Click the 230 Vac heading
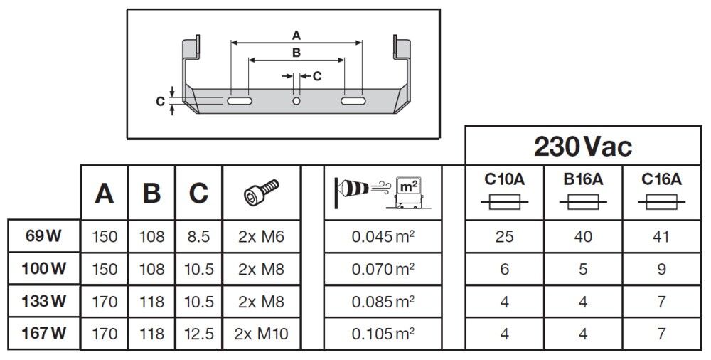point(583,147)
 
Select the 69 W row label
point(44,236)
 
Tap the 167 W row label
point(44,333)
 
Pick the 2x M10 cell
point(262,333)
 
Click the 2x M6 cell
point(262,236)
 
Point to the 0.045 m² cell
point(383,236)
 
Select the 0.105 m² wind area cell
point(383,333)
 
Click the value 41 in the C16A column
point(662,236)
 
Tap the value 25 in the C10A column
point(505,236)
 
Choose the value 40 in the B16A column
point(583,236)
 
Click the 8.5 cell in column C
point(198,236)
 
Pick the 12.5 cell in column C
point(198,333)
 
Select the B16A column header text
point(583,180)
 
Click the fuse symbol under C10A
point(505,204)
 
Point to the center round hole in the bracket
point(296,102)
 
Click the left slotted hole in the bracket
point(239,102)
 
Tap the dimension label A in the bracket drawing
point(296,35)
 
